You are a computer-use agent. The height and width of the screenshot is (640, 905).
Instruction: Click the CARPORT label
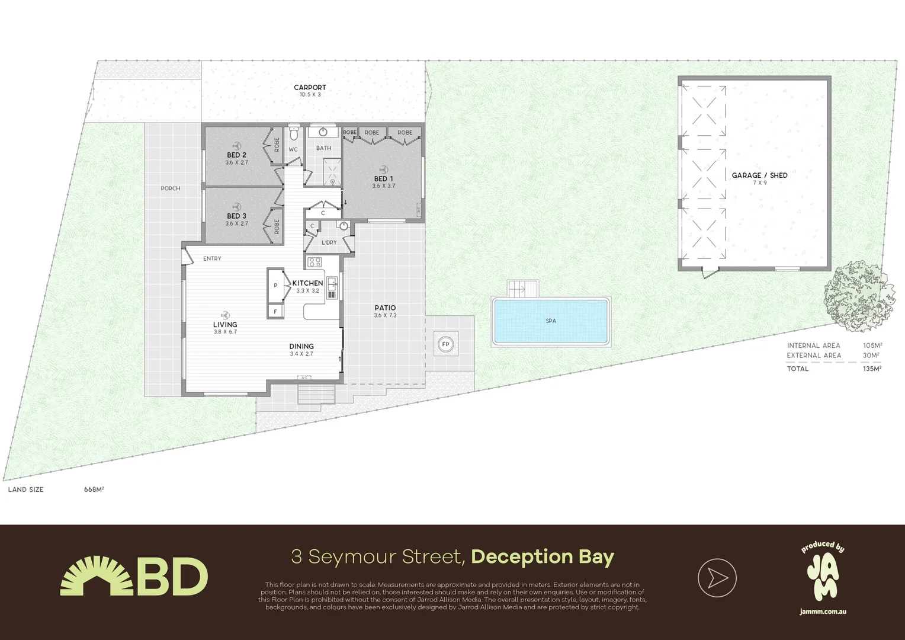pyautogui.click(x=310, y=88)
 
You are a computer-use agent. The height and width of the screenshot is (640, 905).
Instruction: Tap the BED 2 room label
pyautogui.click(x=236, y=155)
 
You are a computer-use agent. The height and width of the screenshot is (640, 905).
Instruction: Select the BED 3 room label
pyautogui.click(x=236, y=216)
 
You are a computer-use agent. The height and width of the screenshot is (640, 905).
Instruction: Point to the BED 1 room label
pyautogui.click(x=383, y=179)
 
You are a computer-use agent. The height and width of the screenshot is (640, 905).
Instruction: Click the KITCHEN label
pyautogui.click(x=307, y=283)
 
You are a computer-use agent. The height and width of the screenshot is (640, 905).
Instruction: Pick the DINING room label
pyautogui.click(x=301, y=347)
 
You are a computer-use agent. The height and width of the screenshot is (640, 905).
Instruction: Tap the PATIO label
pyautogui.click(x=385, y=308)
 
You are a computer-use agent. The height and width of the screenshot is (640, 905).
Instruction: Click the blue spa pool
pyautogui.click(x=551, y=321)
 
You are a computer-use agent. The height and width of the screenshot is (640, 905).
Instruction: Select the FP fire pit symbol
pyautogui.click(x=445, y=344)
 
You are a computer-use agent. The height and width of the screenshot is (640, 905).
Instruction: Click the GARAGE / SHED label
pyautogui.click(x=759, y=175)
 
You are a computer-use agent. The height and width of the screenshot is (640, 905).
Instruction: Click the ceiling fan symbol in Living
pyautogui.click(x=224, y=315)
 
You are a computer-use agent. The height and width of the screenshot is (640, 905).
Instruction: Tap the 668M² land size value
pyautogui.click(x=94, y=489)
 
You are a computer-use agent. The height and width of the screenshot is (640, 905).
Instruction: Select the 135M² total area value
pyautogui.click(x=872, y=369)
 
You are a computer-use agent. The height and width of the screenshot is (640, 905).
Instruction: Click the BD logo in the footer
pyautogui.click(x=134, y=576)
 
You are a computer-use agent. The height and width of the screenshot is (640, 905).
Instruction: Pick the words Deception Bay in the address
pyautogui.click(x=543, y=557)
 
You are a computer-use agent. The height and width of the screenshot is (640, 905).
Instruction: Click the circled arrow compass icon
pyautogui.click(x=717, y=577)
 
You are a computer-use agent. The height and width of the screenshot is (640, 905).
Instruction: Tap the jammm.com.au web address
pyautogui.click(x=823, y=612)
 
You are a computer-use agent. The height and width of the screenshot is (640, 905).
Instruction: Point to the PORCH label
pyautogui.click(x=170, y=188)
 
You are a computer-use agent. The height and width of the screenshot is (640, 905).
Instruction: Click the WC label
pyautogui.click(x=293, y=150)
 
